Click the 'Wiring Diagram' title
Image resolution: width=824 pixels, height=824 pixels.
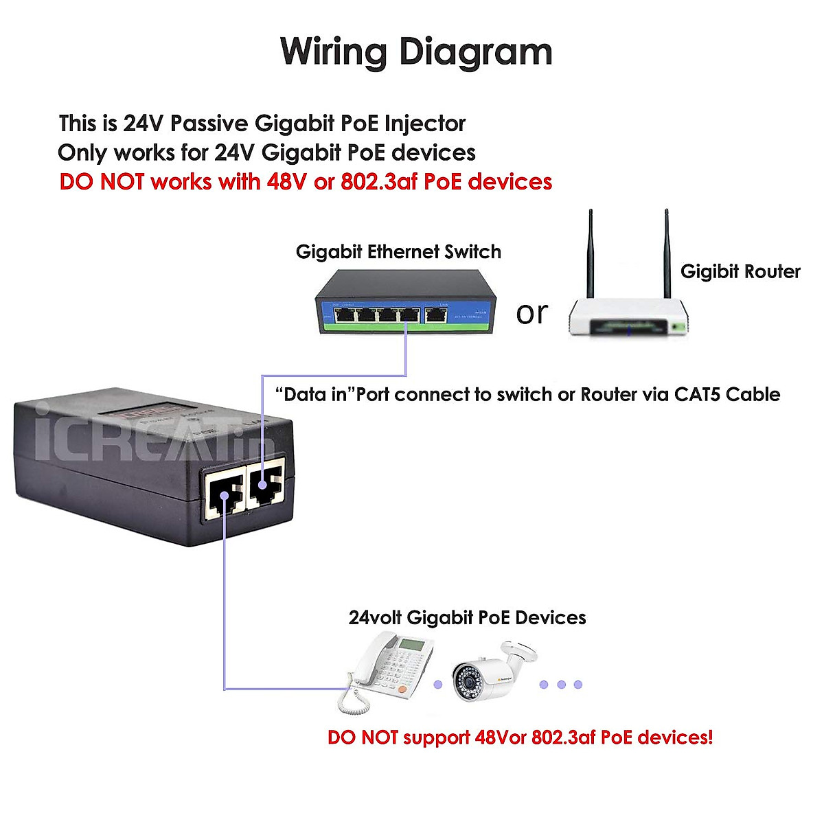[x=416, y=52]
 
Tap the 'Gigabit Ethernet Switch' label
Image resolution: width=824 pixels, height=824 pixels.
[x=398, y=252]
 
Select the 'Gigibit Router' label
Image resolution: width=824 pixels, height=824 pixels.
[x=740, y=272]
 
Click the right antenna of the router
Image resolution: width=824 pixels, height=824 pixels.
[x=666, y=254]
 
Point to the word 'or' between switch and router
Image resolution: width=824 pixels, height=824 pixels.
[x=532, y=314]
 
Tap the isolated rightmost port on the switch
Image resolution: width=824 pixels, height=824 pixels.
[x=435, y=315]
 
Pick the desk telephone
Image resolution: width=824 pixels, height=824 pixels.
[x=388, y=669]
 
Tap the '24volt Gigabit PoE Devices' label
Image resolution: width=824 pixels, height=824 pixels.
[x=467, y=618]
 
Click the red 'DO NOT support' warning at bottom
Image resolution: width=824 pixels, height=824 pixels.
[x=520, y=737]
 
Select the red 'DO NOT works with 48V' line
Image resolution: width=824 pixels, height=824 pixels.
[x=306, y=182]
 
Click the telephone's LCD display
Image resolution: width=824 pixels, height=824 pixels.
[x=412, y=645]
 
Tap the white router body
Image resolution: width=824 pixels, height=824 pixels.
[x=628, y=318]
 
